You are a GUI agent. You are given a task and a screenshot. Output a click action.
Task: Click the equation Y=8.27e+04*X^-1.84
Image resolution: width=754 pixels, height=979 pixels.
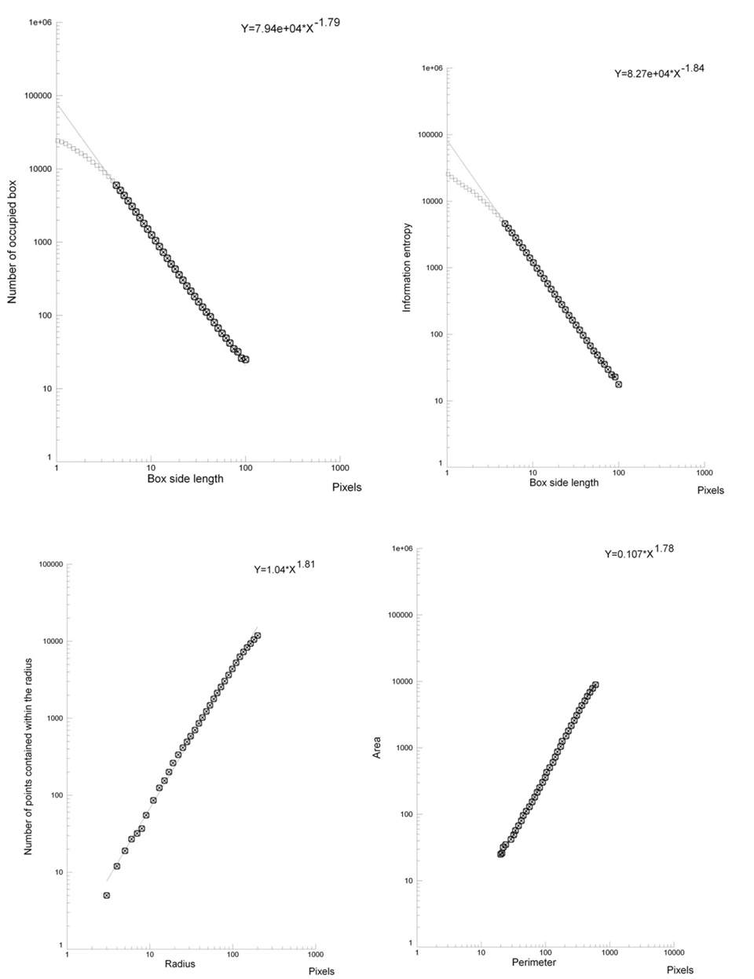[659, 71]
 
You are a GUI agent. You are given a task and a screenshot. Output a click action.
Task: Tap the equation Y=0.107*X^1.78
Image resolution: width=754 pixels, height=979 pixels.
[639, 551]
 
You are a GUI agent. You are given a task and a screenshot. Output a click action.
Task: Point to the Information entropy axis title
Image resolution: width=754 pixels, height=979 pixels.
[407, 268]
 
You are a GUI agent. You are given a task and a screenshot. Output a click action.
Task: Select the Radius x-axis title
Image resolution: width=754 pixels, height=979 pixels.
[180, 963]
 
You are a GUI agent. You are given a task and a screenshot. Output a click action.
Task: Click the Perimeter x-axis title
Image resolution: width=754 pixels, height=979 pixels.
[533, 962]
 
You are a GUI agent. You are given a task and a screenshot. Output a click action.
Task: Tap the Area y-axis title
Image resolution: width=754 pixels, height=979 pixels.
[377, 747]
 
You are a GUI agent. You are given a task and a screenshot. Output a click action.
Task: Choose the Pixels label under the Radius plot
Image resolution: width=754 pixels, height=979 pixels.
[321, 971]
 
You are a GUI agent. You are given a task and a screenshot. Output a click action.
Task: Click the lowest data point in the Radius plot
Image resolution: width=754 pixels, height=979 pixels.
[106, 895]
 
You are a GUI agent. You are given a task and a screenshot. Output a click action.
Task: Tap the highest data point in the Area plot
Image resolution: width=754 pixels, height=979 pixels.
[595, 685]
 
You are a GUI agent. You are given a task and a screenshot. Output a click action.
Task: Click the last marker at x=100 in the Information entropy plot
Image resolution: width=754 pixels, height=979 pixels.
[619, 384]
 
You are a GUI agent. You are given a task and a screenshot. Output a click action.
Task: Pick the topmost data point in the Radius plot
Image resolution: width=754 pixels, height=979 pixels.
[257, 635]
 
